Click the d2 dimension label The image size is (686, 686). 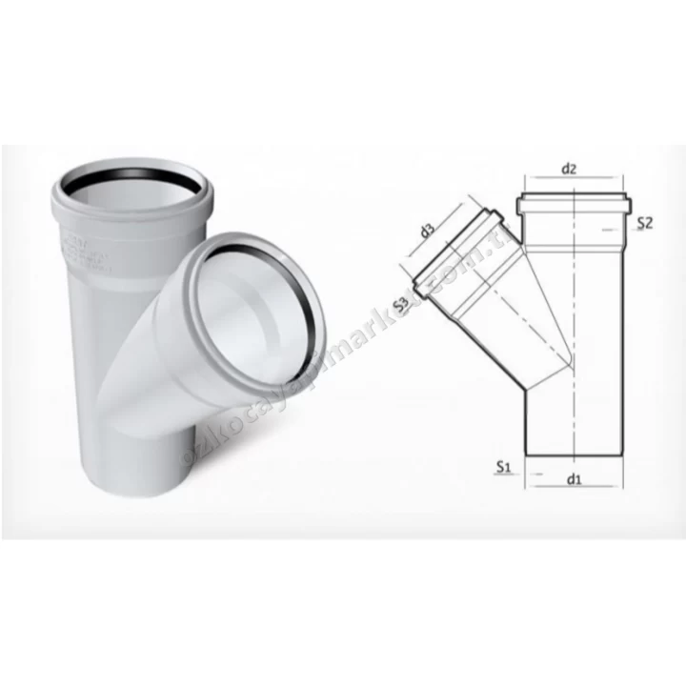point(569,170)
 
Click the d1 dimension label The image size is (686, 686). point(573,479)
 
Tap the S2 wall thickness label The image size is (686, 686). point(645,224)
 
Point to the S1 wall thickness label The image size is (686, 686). point(505,469)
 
